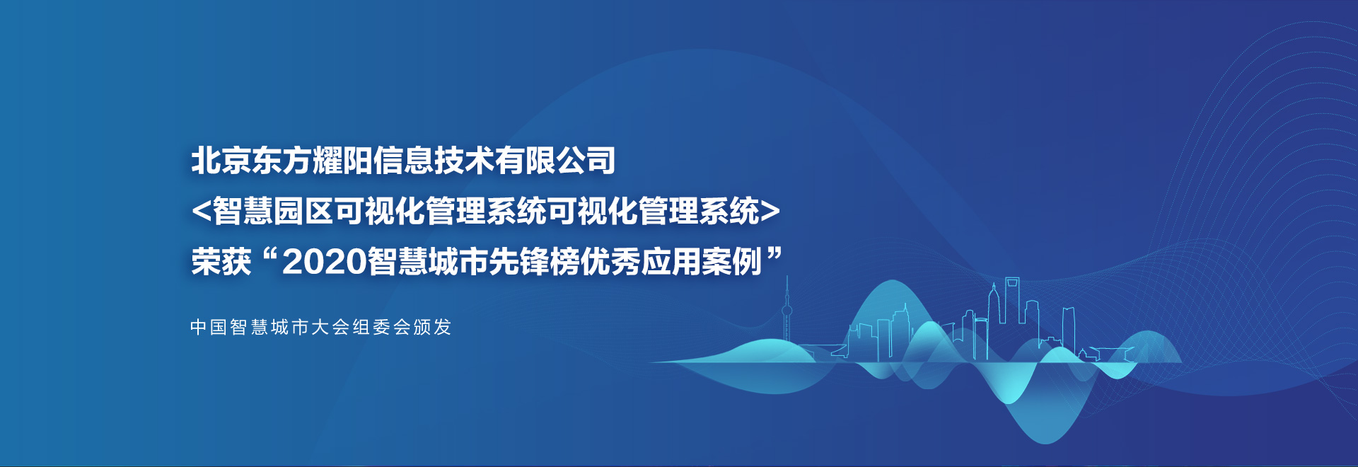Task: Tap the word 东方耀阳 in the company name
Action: pos(312,161)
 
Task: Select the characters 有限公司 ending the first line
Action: pos(555,161)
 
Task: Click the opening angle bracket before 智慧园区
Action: pos(201,211)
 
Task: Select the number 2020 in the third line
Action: pos(325,262)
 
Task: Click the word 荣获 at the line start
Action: pos(221,262)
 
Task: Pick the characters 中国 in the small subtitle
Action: pos(209,327)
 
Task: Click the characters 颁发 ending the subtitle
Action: pos(432,327)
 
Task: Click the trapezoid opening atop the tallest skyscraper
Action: pos(1013,284)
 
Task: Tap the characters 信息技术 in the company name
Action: pos(434,161)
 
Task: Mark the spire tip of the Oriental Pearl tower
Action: pos(787,277)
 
